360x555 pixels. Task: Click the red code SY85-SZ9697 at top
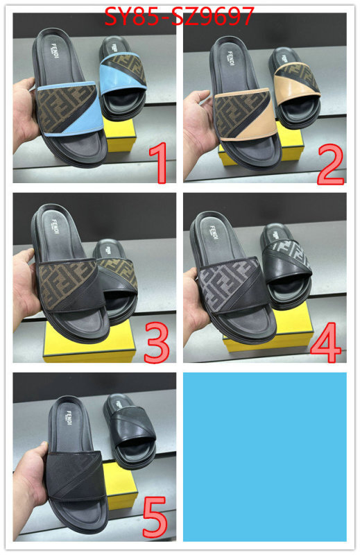(x=179, y=15)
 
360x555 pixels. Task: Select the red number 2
(x=330, y=161)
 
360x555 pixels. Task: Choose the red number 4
(x=327, y=339)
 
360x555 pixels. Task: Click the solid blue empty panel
(x=264, y=456)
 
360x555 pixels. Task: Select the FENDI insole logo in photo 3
(x=53, y=228)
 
